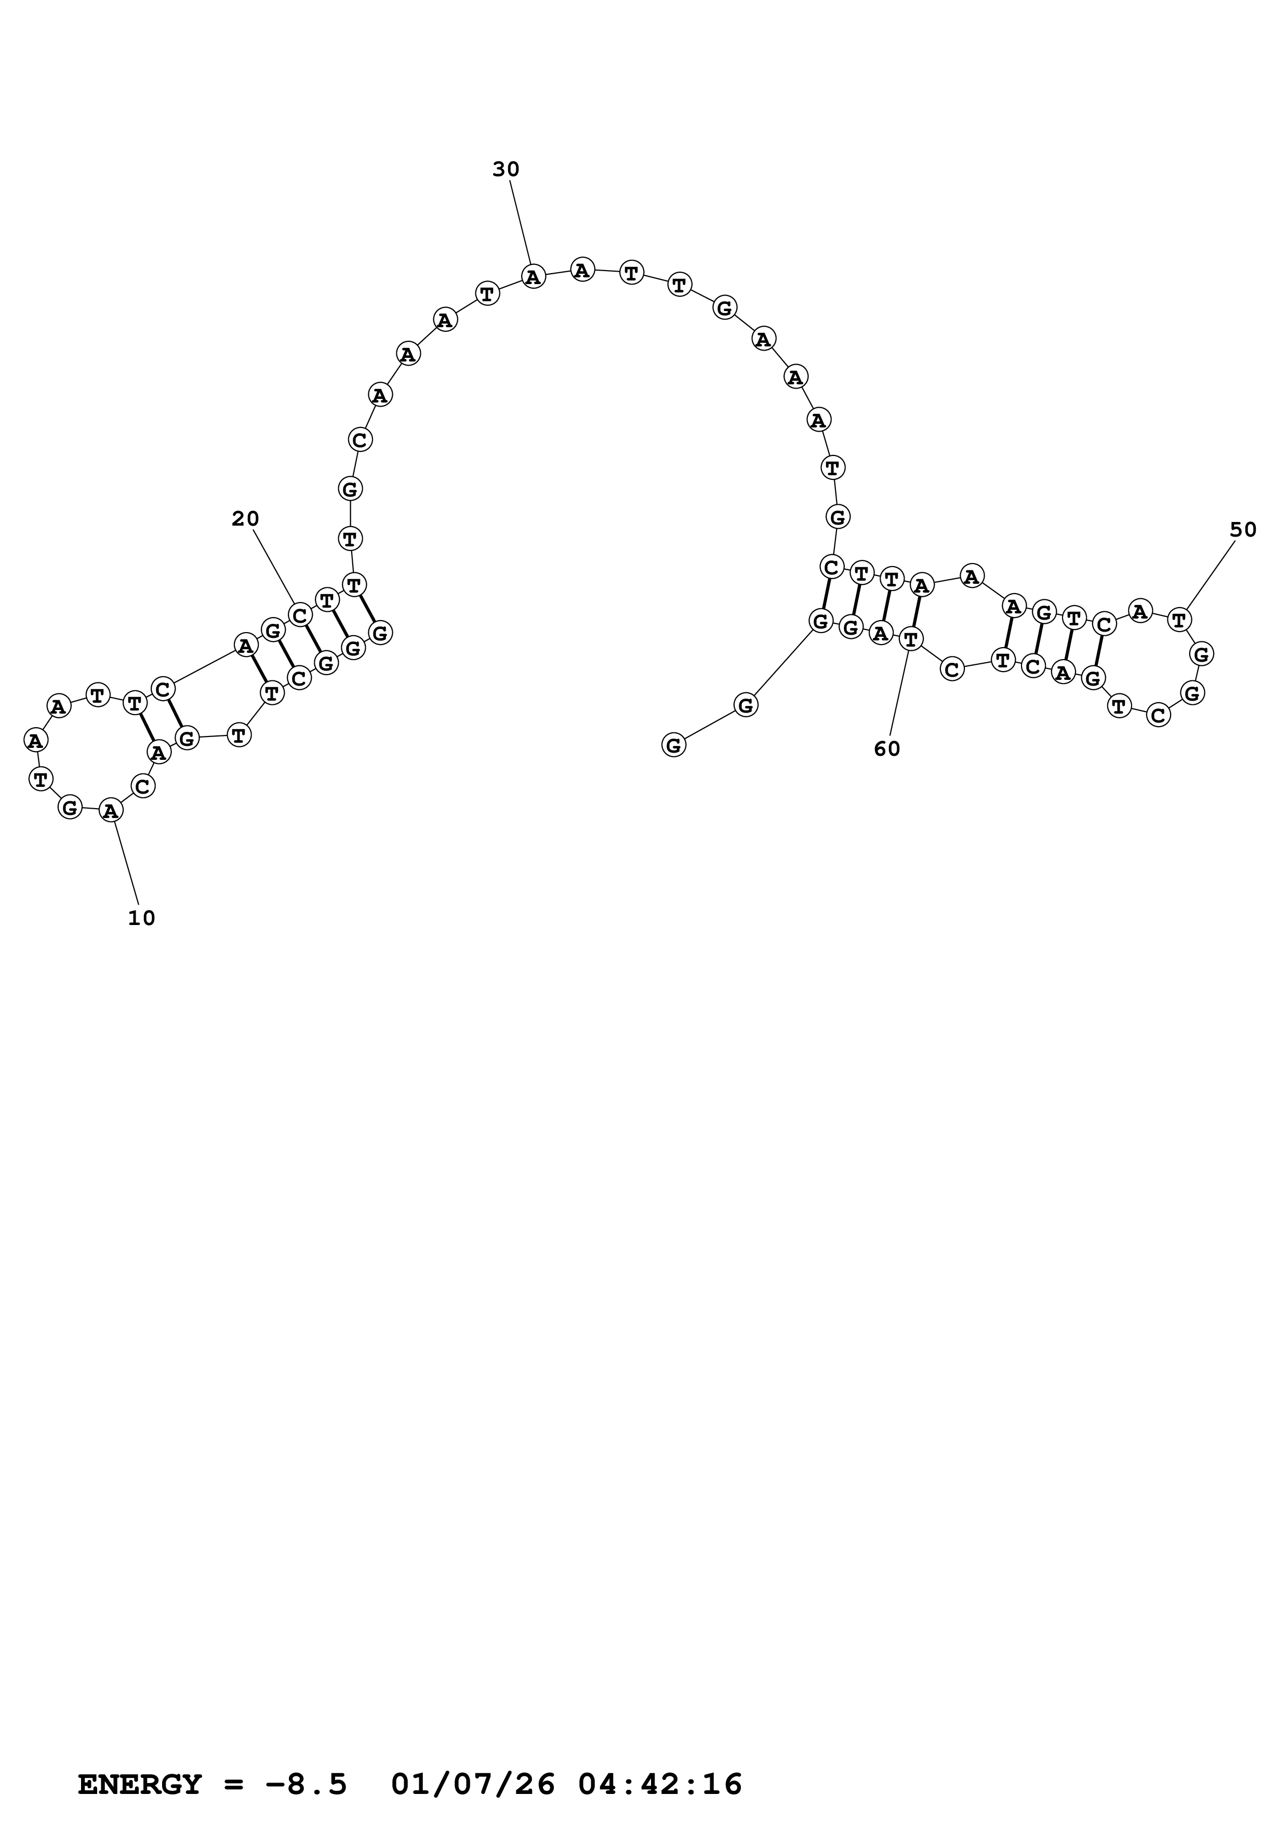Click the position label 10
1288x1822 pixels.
pyautogui.click(x=141, y=918)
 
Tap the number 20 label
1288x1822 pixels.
pyautogui.click(x=245, y=519)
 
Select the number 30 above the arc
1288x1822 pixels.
pyautogui.click(x=506, y=169)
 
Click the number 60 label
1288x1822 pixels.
pyautogui.click(x=887, y=749)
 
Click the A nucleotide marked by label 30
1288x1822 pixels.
pyautogui.click(x=533, y=277)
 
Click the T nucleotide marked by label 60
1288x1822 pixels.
pyautogui.click(x=911, y=638)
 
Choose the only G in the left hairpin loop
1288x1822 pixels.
pyautogui.click(x=70, y=808)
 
